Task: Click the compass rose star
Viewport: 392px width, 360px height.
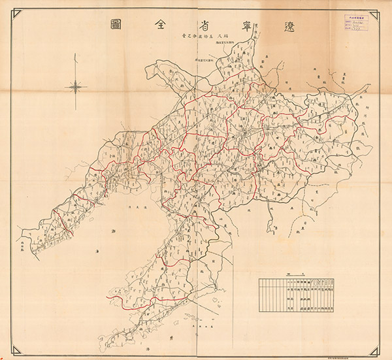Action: click(76, 86)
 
